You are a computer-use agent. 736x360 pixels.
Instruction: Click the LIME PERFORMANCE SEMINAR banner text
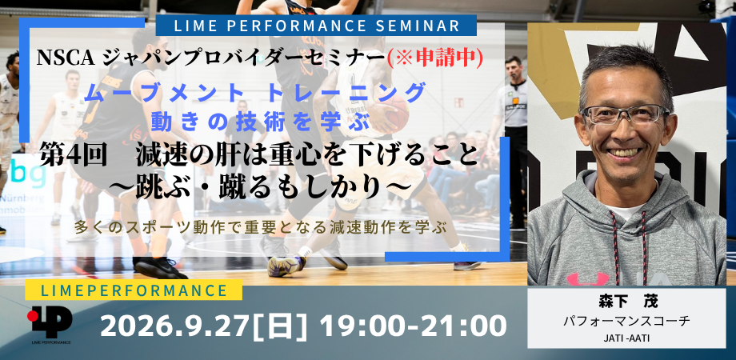(x=317, y=26)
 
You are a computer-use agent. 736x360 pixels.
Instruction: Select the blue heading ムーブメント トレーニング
(x=255, y=93)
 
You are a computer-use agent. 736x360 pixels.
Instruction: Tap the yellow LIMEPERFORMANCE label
(x=134, y=290)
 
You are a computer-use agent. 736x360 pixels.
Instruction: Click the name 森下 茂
(x=626, y=302)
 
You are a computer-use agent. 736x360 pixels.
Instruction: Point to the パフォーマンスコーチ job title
(x=626, y=321)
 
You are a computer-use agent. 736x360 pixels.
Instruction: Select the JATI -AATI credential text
(x=626, y=338)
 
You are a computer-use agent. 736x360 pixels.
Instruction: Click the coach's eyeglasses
(x=624, y=115)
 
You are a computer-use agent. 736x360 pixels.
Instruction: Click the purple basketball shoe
(x=286, y=265)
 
